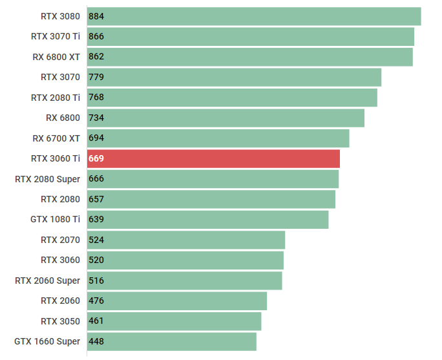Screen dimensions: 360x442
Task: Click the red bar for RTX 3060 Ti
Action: point(213,158)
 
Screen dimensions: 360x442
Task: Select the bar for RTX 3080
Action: point(254,16)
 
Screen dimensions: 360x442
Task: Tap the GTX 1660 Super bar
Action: point(172,341)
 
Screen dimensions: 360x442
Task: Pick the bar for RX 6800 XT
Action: point(250,57)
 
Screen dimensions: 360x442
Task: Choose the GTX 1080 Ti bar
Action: point(208,219)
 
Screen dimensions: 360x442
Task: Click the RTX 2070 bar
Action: point(186,240)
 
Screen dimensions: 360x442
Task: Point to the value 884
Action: point(96,16)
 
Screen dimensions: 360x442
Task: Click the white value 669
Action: point(96,158)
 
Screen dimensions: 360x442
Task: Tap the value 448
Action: point(96,341)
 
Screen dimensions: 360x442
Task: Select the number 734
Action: point(96,118)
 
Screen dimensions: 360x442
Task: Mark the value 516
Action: point(96,281)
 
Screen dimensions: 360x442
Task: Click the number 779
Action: point(96,77)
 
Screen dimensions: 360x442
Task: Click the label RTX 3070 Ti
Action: point(56,36)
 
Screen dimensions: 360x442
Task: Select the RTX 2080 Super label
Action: point(48,178)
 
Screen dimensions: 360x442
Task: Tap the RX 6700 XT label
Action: point(56,138)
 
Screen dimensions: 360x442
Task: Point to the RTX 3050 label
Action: point(60,321)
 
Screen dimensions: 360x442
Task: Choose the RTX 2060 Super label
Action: point(48,281)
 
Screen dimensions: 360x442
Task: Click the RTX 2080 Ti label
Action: point(56,97)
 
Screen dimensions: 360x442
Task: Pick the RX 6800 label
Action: point(63,118)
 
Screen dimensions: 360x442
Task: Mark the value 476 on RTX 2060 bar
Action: point(96,301)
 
